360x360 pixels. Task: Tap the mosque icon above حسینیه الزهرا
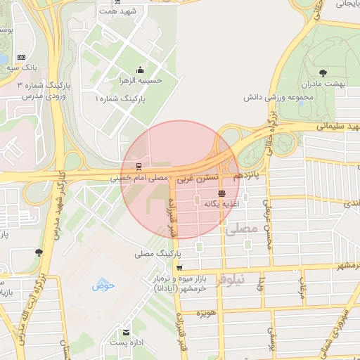pyautogui.click(x=141, y=70)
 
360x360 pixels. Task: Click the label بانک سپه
pyautogui.click(x=20, y=68)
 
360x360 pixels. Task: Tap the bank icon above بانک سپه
pyautogui.click(x=20, y=57)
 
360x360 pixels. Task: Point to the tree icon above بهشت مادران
pyautogui.click(x=323, y=72)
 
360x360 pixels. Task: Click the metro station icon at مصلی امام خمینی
pyautogui.click(x=139, y=167)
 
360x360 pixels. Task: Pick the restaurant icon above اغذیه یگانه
pyautogui.click(x=222, y=193)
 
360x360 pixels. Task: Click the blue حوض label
pyautogui.click(x=103, y=285)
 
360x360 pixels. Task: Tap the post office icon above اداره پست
pyautogui.click(x=126, y=332)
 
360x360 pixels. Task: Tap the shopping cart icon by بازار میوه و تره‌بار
pyautogui.click(x=180, y=268)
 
